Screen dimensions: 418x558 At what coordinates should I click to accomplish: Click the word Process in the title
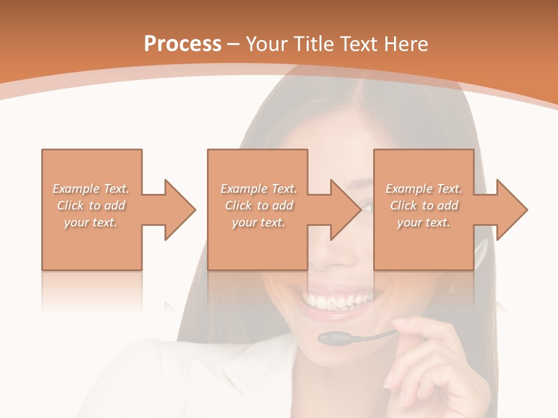click(183, 44)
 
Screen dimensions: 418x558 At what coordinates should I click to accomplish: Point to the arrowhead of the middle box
click(345, 210)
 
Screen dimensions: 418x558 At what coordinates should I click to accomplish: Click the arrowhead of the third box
click(511, 210)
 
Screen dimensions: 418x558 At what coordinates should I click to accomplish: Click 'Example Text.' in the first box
click(91, 189)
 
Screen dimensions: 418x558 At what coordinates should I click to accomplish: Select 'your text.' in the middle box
click(258, 222)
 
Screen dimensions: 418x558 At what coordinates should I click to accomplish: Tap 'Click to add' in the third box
click(424, 206)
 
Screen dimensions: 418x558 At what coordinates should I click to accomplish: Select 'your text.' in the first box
click(91, 222)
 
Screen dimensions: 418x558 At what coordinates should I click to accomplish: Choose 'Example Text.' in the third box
click(424, 189)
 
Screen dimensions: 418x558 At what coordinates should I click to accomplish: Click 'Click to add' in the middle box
click(258, 206)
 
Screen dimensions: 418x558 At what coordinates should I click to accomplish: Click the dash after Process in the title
click(233, 44)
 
